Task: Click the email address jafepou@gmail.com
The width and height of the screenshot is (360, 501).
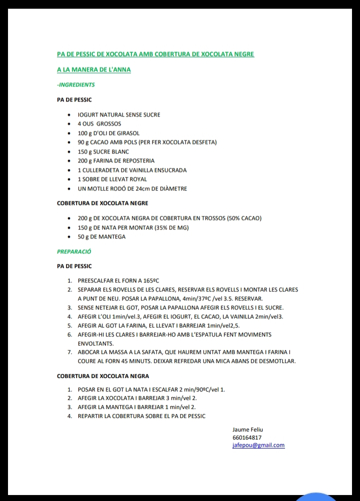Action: (258, 445)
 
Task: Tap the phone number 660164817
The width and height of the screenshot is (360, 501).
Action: (247, 437)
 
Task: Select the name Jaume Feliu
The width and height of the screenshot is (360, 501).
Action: (247, 429)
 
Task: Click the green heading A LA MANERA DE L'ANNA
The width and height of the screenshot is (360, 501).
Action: (94, 69)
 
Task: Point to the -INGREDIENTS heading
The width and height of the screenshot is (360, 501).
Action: (76, 85)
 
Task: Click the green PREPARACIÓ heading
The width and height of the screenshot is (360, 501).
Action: (74, 251)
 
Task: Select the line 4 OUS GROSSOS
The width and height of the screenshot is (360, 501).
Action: (99, 123)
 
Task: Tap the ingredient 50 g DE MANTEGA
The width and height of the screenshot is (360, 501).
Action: (101, 236)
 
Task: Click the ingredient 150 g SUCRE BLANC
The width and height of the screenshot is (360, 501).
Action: (103, 151)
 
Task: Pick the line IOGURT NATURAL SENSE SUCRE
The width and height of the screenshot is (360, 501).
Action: (119, 114)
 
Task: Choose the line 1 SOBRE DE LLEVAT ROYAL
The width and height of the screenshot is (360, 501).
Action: (112, 179)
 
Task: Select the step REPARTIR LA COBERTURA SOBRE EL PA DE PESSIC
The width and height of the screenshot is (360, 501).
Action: (141, 416)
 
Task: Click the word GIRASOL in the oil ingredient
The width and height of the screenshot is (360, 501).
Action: (127, 133)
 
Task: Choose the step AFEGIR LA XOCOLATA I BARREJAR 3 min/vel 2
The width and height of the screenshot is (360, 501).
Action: (137, 398)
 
